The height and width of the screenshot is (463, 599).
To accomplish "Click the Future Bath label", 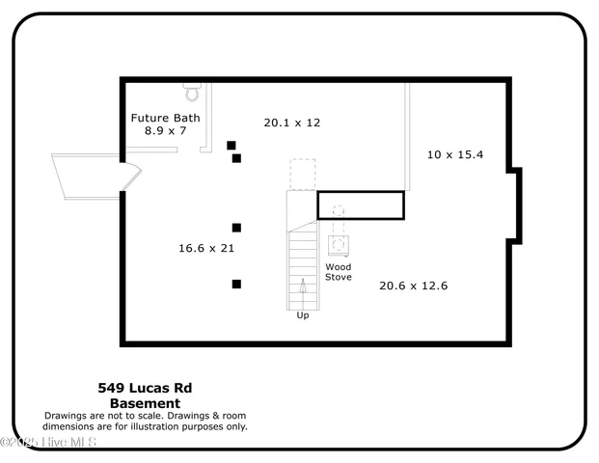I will [165, 118].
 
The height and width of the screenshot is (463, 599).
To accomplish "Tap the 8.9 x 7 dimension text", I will [165, 131].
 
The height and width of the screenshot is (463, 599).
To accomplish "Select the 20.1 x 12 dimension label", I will [291, 123].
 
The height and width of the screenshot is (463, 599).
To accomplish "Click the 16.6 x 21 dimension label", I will [206, 248].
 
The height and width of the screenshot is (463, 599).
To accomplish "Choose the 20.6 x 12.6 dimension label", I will [413, 286].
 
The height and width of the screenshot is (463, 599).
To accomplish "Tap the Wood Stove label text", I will [338, 271].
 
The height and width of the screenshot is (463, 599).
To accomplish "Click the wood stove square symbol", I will [338, 244].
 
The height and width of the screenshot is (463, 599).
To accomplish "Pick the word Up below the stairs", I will [303, 315].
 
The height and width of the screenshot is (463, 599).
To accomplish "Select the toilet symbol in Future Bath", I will [191, 94].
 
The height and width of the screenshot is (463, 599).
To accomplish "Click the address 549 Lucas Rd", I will [145, 388].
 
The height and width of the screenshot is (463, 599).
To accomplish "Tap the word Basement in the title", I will [145, 403].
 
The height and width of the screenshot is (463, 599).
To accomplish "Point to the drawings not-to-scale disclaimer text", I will [145, 421].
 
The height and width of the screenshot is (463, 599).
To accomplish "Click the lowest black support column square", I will [236, 284].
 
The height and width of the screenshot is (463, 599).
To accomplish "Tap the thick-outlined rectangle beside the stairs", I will [361, 205].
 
